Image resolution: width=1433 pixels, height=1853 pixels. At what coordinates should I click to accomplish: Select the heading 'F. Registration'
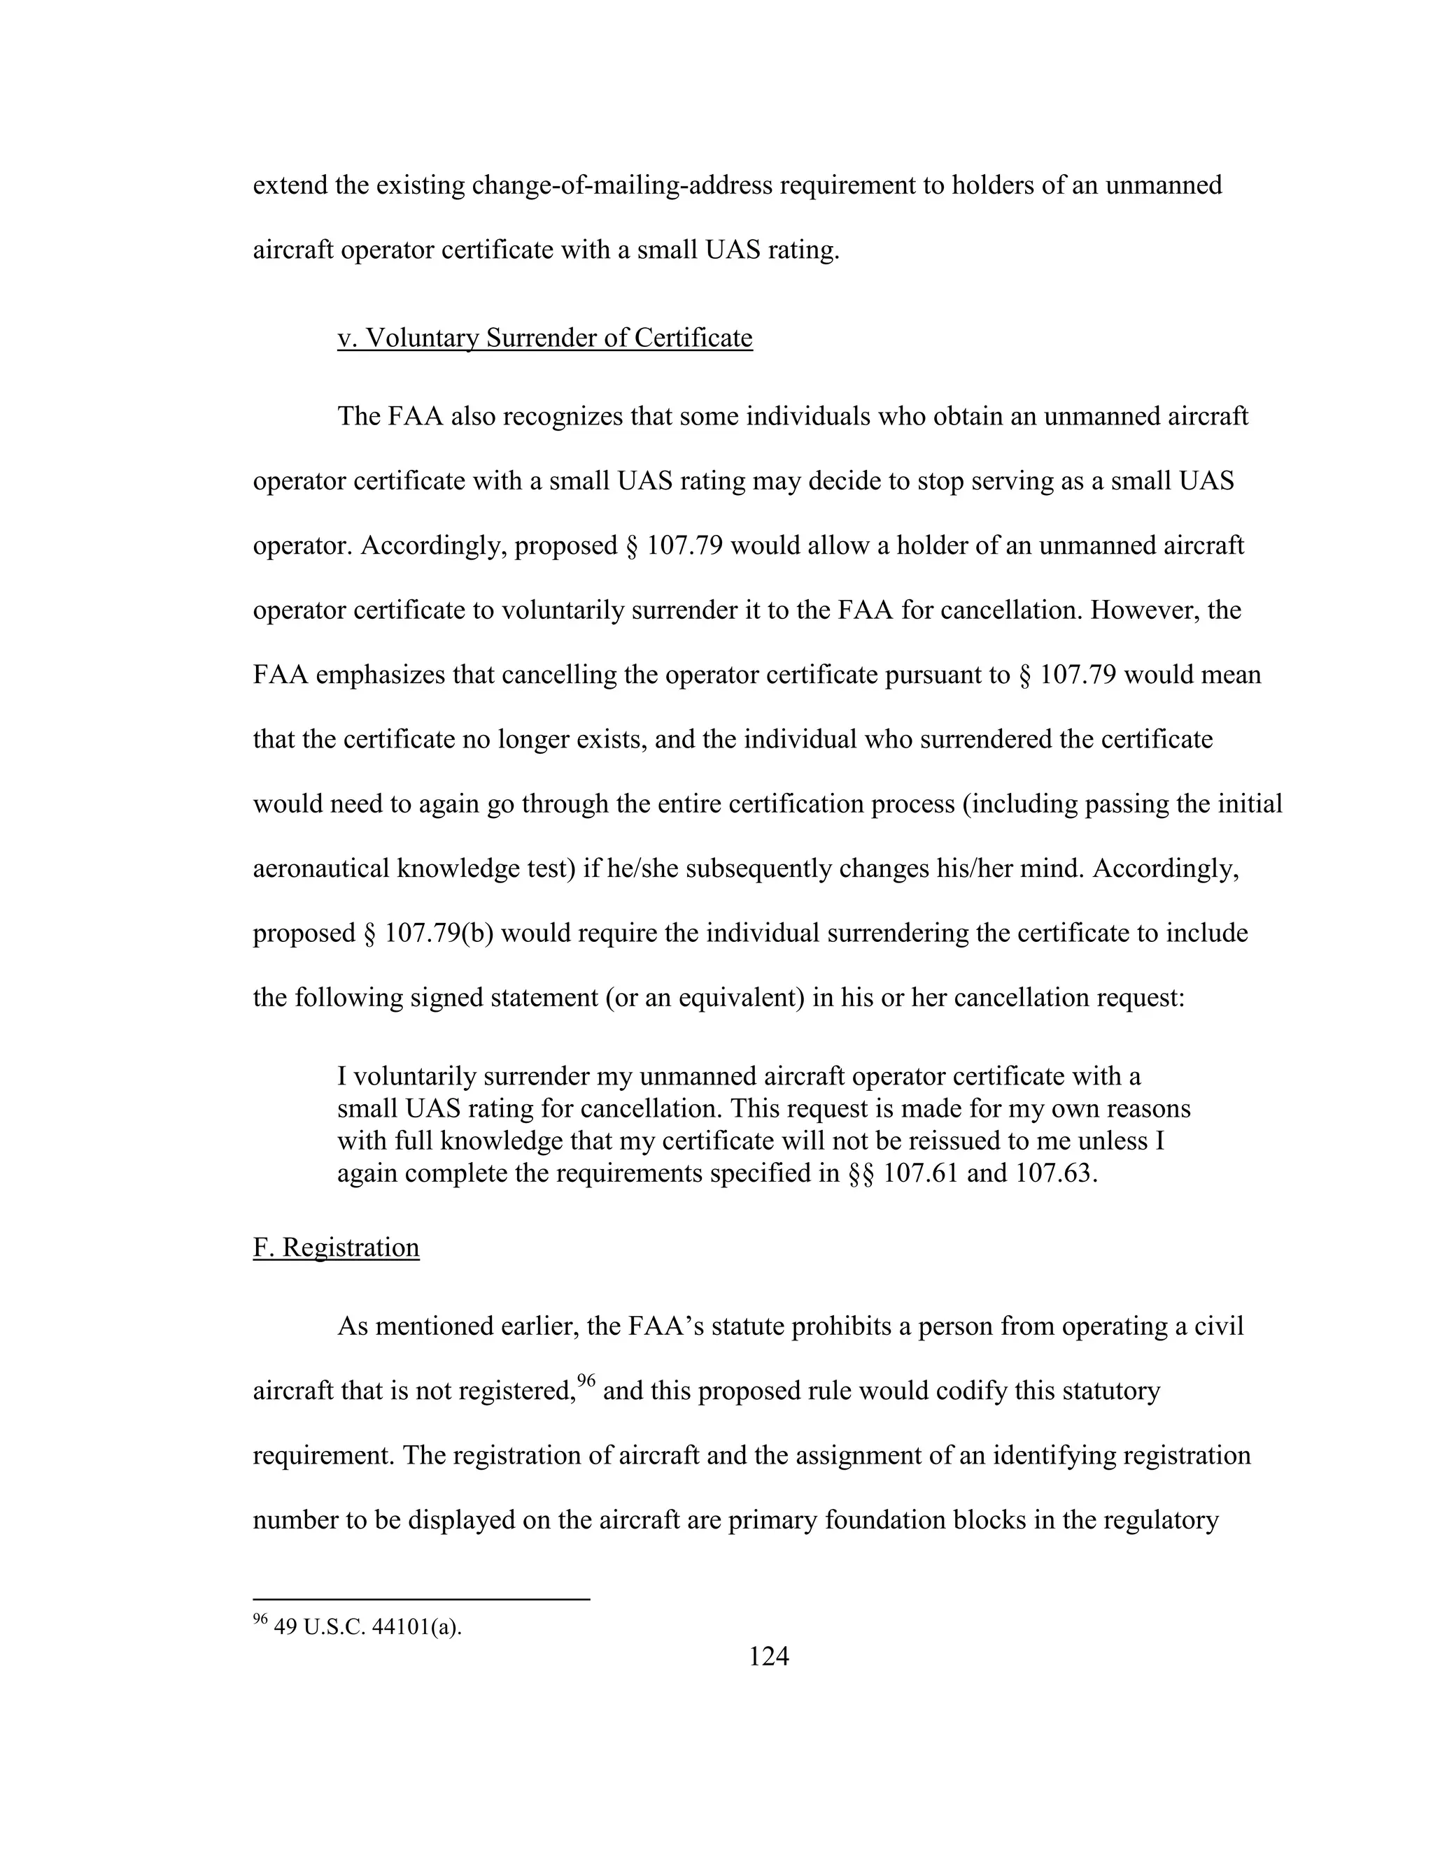tap(336, 1247)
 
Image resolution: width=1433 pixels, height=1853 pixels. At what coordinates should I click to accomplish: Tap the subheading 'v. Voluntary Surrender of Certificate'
tap(545, 338)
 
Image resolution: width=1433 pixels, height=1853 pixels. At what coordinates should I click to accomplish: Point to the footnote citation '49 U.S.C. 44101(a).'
tap(367, 1626)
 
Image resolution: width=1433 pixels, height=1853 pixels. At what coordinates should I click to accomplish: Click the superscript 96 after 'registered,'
tap(586, 1381)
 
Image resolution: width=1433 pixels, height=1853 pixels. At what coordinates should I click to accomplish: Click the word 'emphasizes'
tap(381, 675)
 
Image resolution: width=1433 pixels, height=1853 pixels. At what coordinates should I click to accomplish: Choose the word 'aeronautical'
tap(322, 868)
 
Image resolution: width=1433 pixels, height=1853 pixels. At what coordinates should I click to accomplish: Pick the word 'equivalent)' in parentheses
tap(740, 998)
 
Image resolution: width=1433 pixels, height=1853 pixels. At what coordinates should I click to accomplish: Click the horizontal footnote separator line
tap(421, 1599)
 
